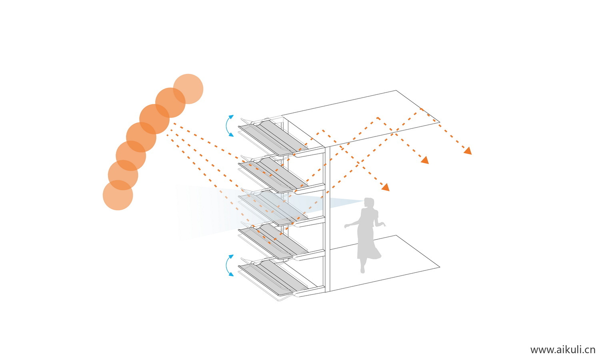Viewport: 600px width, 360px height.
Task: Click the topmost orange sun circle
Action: click(188, 88)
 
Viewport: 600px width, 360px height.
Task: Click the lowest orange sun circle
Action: click(118, 195)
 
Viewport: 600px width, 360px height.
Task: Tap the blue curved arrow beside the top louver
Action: click(229, 126)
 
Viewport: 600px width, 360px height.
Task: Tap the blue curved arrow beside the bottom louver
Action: click(229, 265)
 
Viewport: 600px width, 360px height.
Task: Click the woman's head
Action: click(369, 203)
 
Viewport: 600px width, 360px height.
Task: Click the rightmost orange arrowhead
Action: click(468, 151)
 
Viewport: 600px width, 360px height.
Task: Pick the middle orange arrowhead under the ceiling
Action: click(425, 160)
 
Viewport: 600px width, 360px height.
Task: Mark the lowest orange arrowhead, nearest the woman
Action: click(385, 187)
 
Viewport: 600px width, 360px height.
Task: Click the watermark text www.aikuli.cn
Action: click(562, 350)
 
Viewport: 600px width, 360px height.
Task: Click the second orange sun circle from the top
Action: click(170, 102)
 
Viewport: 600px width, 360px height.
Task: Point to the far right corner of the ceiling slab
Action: click(440, 122)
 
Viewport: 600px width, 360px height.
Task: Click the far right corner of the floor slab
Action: click(440, 267)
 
